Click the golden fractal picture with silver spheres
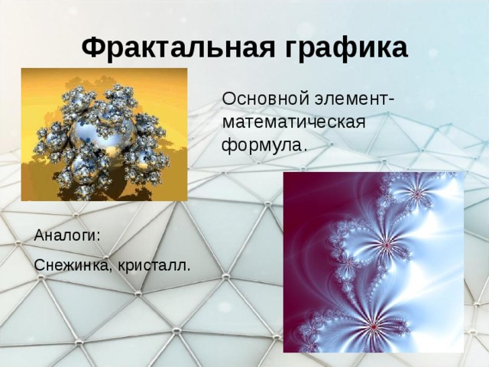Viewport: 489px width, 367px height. [104, 134]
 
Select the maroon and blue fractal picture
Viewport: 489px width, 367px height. [373, 261]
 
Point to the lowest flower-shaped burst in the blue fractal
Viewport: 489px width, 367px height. [374, 326]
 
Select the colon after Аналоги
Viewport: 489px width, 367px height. [98, 236]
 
